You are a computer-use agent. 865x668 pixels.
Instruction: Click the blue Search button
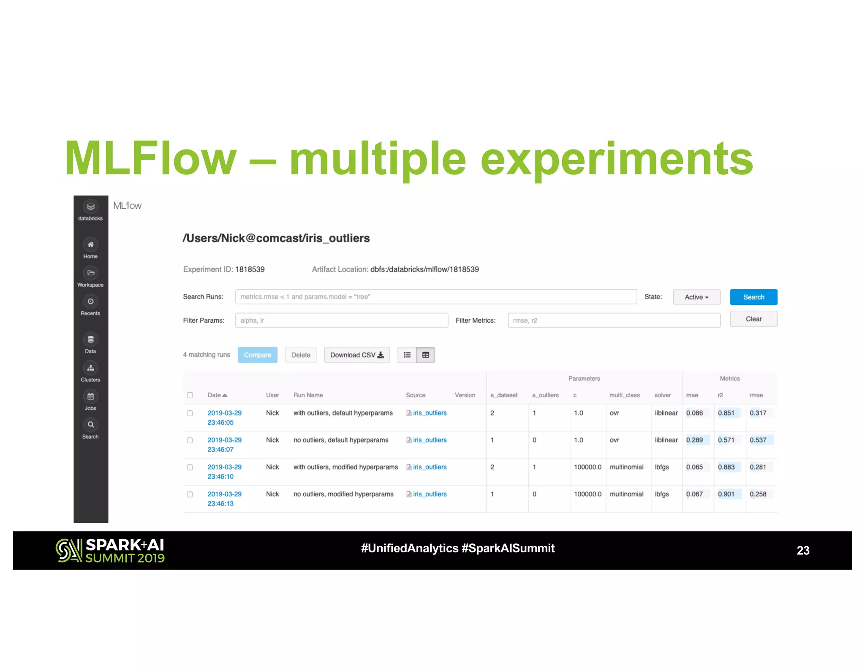(753, 297)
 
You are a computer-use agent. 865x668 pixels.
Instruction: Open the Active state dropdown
(696, 297)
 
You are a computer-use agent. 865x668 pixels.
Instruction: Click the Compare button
(257, 355)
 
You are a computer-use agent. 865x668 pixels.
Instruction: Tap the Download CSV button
(356, 355)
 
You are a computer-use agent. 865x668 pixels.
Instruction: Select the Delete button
(300, 355)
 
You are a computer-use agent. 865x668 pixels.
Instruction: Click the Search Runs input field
(435, 297)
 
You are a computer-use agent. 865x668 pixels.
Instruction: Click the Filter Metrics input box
(614, 320)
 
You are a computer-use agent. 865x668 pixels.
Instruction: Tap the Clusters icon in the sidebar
(90, 368)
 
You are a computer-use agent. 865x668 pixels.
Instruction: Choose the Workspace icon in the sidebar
(90, 273)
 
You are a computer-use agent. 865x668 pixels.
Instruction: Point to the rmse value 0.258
(758, 494)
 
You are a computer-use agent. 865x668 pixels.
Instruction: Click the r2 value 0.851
(726, 413)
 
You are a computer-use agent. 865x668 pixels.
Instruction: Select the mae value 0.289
(694, 440)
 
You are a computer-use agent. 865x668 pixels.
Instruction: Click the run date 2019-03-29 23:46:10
(224, 472)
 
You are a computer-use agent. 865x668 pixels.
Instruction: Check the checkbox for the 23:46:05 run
(190, 413)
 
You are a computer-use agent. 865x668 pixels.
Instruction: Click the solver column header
(662, 395)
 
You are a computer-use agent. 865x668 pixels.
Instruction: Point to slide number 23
(802, 551)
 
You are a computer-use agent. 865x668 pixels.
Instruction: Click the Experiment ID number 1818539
(250, 269)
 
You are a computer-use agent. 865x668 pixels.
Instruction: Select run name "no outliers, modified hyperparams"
(343, 494)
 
